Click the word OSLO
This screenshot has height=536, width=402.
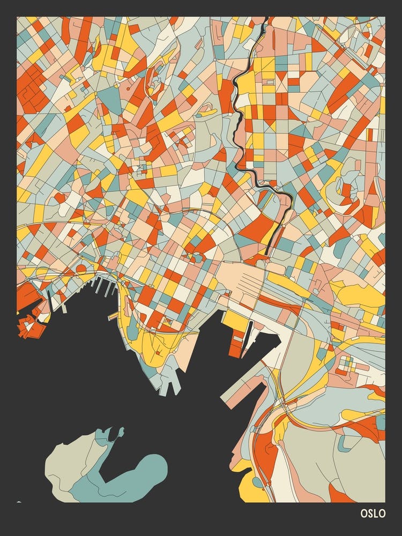click(373, 513)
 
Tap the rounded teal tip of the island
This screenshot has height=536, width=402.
click(156, 466)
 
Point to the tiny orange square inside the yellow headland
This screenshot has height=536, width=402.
click(159, 352)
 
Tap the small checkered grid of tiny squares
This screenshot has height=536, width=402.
click(347, 364)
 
